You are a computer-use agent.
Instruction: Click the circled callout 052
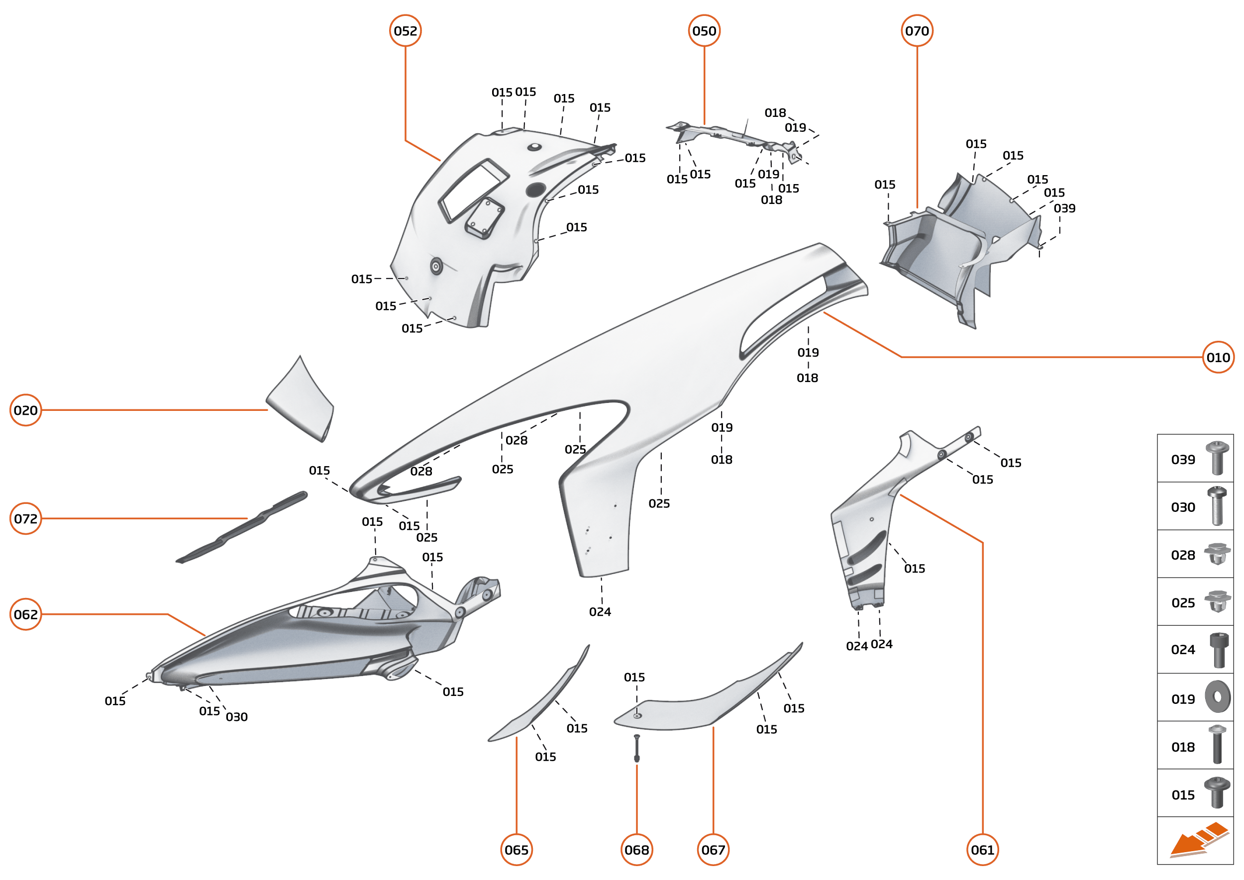coord(406,31)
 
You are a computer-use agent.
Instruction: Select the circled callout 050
coord(704,31)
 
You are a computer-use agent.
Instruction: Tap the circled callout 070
coord(917,31)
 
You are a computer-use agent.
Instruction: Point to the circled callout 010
coord(1218,358)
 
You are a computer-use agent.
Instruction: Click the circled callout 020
coord(25,410)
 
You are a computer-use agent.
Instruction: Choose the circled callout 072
coord(25,518)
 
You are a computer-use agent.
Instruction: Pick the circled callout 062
coord(25,614)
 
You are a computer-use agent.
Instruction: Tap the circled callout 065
coord(517,850)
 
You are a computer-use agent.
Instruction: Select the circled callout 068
coord(637,850)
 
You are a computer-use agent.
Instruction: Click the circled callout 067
coord(714,850)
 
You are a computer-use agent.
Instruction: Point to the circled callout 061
coord(983,850)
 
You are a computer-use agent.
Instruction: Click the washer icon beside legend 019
coord(1218,697)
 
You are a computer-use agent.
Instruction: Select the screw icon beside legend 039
coord(1217,458)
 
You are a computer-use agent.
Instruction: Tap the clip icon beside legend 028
coord(1217,554)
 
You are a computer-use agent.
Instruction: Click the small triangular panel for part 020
coord(301,401)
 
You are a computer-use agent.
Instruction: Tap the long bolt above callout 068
coord(637,748)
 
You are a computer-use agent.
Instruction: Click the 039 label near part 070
coord(1064,208)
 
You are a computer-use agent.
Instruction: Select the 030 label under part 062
coord(237,717)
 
